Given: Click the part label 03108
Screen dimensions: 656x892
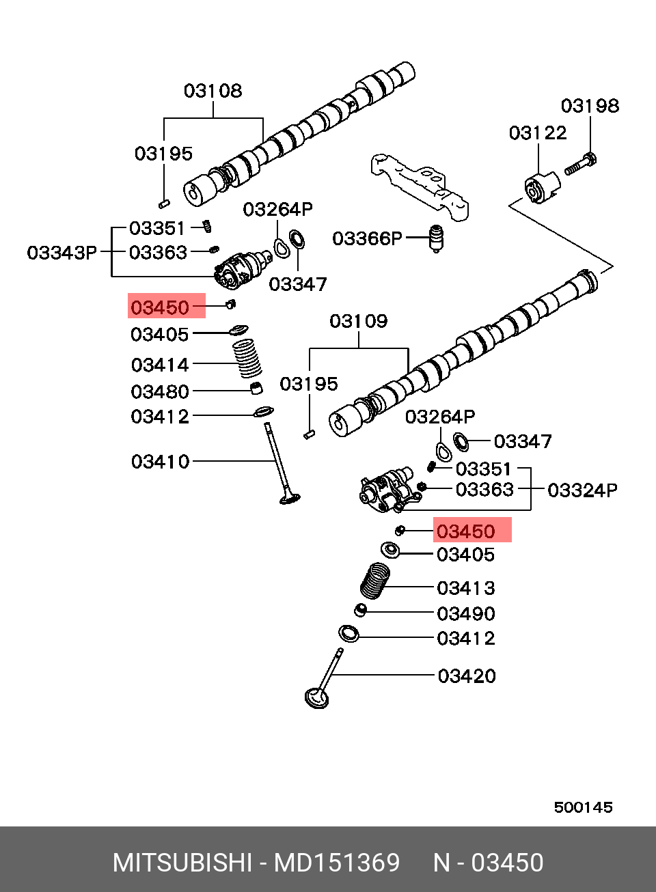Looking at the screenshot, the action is coord(213,91).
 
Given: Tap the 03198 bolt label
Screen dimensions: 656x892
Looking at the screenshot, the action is coord(590,106).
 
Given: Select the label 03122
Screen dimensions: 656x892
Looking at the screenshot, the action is coord(538,133).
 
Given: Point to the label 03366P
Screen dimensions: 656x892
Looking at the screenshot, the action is coord(367,238).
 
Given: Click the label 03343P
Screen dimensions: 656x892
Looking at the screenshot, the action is coord(61,253).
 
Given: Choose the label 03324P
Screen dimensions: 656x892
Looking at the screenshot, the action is coord(582,490).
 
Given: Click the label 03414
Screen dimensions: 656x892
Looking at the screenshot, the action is coord(160,365).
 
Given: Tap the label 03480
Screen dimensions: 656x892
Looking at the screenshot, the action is coord(160,392).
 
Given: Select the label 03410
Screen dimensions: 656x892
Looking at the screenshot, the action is coord(160,462).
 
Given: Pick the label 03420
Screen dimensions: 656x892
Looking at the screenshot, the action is coord(467,676).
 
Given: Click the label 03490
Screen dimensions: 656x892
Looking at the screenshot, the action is coord(466,613).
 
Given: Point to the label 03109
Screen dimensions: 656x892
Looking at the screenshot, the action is coord(359,321).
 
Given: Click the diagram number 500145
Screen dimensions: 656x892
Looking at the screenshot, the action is coord(583,807).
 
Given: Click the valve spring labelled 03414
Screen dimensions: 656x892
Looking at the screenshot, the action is coord(247,359).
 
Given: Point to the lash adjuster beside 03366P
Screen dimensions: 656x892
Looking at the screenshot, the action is coord(436,239).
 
